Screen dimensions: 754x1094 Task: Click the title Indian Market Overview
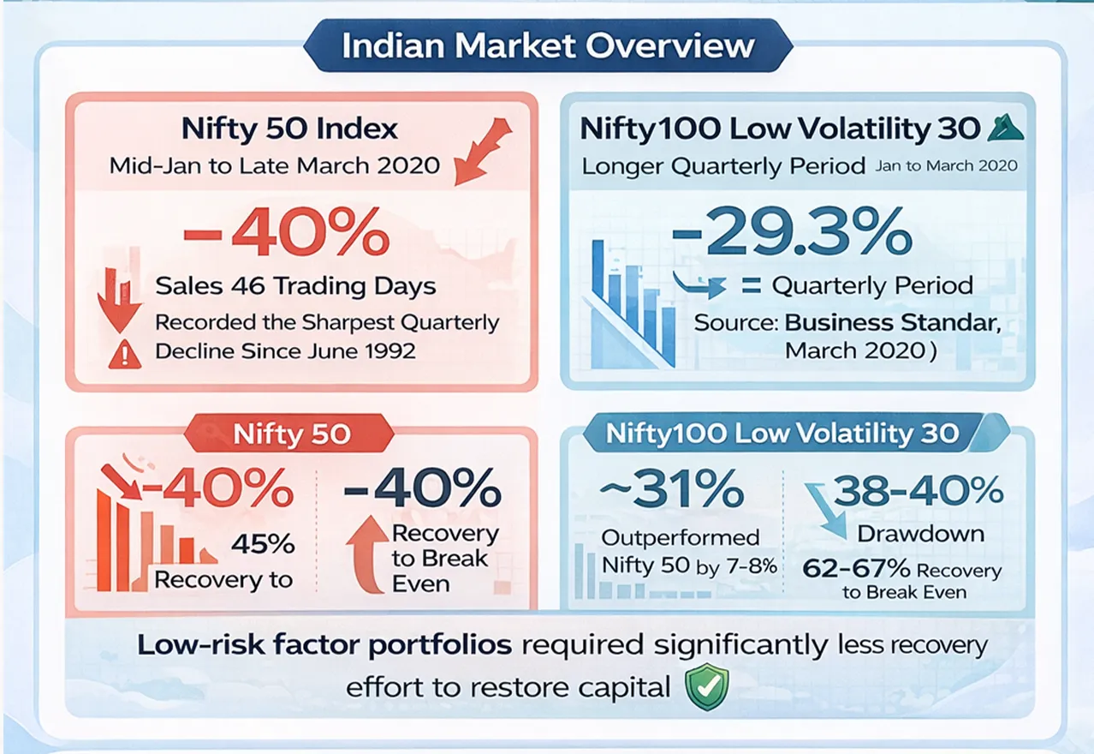pos(547,45)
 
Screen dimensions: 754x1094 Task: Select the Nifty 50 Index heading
pos(289,129)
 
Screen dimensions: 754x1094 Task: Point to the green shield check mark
pos(707,687)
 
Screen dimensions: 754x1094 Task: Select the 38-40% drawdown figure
pos(919,491)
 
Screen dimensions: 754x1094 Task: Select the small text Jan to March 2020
pos(946,165)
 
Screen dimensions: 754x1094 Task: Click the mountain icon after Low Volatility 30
pos(1000,129)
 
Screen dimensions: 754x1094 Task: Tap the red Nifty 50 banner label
pos(292,434)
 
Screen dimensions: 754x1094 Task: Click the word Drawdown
pos(920,533)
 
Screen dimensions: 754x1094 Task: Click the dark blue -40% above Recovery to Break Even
pos(422,491)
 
